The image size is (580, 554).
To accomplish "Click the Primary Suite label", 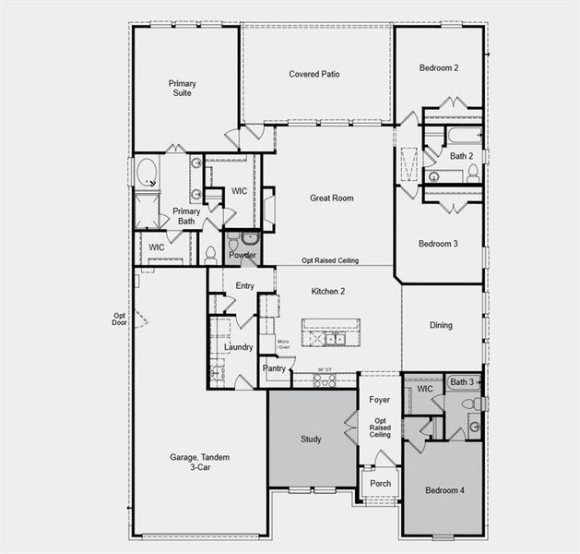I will tap(182, 88).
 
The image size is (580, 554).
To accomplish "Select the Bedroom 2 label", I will tap(439, 67).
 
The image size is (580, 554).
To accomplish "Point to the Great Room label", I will tap(332, 198).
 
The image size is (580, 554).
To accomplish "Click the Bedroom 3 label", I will tap(439, 244).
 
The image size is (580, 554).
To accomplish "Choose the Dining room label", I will tap(441, 325).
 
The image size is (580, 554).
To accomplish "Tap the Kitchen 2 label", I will tap(328, 291).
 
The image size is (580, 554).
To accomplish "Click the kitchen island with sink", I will tap(331, 338).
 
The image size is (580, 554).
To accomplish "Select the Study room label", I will tap(311, 439).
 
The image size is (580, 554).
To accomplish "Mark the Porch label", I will tap(380, 483).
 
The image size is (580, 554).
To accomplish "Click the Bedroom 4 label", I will tap(444, 489).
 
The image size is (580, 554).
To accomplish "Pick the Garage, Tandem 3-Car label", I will tap(199, 464).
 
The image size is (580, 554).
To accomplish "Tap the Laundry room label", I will tap(239, 347).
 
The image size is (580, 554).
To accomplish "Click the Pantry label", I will tap(274, 368).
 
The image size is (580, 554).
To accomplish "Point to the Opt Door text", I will tap(119, 319).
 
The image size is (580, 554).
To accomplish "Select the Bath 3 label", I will tap(462, 382).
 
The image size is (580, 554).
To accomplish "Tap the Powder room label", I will tap(243, 255).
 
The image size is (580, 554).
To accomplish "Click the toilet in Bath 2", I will tap(473, 172).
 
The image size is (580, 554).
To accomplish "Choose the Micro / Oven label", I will tap(284, 344).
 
